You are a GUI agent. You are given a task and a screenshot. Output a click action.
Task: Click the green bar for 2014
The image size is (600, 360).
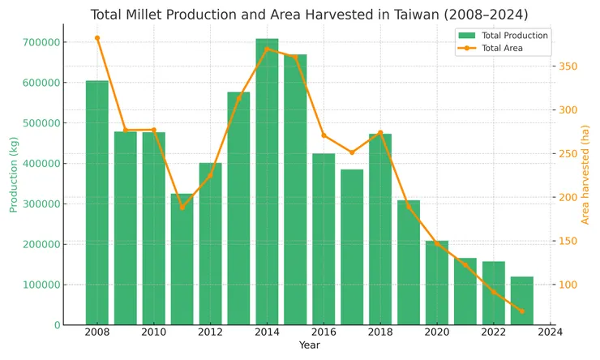[x=267, y=182]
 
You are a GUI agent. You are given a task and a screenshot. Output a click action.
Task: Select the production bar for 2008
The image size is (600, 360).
[x=97, y=203]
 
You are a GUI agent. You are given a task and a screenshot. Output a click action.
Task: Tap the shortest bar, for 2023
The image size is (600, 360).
[x=522, y=301]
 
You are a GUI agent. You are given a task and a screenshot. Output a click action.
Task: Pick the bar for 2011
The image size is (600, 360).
[x=182, y=259]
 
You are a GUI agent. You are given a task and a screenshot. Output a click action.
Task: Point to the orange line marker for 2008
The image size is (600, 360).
[x=97, y=38]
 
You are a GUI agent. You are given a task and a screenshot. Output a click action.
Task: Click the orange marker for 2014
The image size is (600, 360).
[x=267, y=49]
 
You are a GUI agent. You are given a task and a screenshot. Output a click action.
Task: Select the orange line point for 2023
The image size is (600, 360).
[x=522, y=311]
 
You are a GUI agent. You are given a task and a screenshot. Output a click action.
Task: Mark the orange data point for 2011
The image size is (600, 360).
[x=182, y=208]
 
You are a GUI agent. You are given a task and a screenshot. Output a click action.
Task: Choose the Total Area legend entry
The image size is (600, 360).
[x=502, y=49]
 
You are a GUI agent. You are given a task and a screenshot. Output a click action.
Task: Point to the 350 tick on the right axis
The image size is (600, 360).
[x=567, y=66]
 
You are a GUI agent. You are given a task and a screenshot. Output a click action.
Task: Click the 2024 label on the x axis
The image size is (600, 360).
[x=550, y=332]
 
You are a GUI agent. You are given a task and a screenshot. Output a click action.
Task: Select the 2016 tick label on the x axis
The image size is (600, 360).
[x=324, y=332]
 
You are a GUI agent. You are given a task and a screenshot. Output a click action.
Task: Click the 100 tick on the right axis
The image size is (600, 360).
[x=567, y=285]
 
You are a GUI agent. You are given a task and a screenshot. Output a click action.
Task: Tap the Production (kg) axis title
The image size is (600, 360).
[x=14, y=175]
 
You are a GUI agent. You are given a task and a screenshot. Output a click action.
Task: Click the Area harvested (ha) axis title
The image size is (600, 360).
[x=585, y=175]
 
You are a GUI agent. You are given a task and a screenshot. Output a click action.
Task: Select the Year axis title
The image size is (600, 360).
[x=309, y=345]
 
